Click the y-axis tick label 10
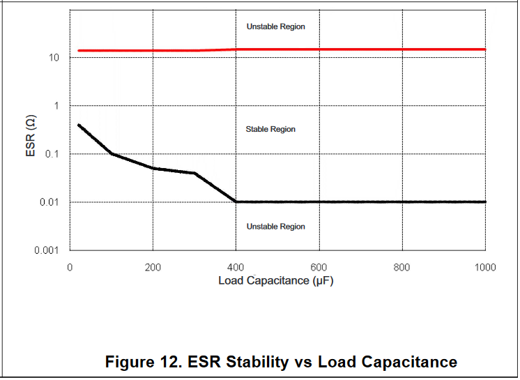click(54, 58)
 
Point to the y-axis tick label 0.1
click(51, 154)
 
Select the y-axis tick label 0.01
click(48, 202)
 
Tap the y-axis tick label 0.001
click(46, 250)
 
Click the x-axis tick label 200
click(153, 268)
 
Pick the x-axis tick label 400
click(236, 268)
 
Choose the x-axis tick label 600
click(319, 268)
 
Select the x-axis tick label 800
click(402, 268)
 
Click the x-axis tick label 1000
click(485, 268)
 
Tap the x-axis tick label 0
click(70, 268)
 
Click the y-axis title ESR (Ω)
click(31, 135)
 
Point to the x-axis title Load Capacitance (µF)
click(277, 281)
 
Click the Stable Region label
click(270, 130)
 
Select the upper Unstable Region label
click(276, 26)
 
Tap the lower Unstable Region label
click(276, 227)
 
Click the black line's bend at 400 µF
click(236, 202)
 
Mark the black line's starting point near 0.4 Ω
click(79, 125)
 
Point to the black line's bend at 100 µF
click(112, 153)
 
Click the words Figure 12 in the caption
click(140, 362)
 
